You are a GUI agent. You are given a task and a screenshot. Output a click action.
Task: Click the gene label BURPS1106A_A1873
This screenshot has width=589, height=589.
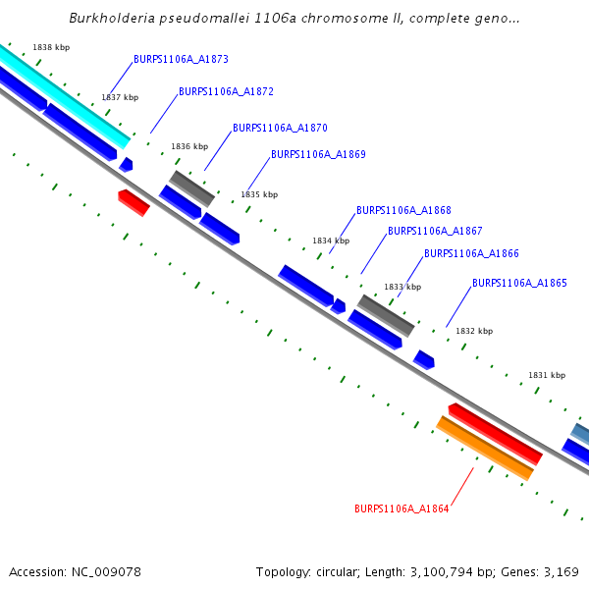[181, 59]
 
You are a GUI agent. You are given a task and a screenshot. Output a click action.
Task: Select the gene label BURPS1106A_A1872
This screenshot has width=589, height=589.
[226, 91]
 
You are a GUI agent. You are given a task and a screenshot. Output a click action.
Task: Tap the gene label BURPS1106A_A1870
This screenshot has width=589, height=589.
[280, 128]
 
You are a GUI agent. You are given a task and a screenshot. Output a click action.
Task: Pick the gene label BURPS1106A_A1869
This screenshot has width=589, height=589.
[318, 154]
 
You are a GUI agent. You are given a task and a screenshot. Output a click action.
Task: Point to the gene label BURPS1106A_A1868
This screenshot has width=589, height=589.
[403, 210]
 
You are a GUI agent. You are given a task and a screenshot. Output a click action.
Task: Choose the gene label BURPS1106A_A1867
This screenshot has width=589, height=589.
[435, 231]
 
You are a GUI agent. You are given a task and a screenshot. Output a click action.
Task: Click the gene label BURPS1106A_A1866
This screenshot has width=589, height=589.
[471, 253]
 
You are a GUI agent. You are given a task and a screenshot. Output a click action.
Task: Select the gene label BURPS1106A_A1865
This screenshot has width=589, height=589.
[519, 283]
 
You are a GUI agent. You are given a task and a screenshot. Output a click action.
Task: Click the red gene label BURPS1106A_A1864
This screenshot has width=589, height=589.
[402, 509]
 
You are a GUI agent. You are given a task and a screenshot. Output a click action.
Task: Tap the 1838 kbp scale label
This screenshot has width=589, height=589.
[51, 47]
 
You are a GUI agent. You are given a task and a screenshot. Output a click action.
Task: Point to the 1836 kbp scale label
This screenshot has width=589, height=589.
[189, 146]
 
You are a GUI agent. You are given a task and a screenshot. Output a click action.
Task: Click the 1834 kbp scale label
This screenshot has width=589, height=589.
[331, 241]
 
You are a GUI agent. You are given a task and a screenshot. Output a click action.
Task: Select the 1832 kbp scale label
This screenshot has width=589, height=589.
[473, 331]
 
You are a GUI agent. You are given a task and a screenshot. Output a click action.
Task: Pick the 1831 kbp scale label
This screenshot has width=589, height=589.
[547, 375]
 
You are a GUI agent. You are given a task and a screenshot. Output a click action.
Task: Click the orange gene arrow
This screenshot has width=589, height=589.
[485, 449]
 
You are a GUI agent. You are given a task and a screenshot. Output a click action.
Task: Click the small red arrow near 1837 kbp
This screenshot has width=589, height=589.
[134, 203]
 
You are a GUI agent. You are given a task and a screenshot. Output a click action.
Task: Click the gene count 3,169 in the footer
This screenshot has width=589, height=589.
[559, 571]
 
